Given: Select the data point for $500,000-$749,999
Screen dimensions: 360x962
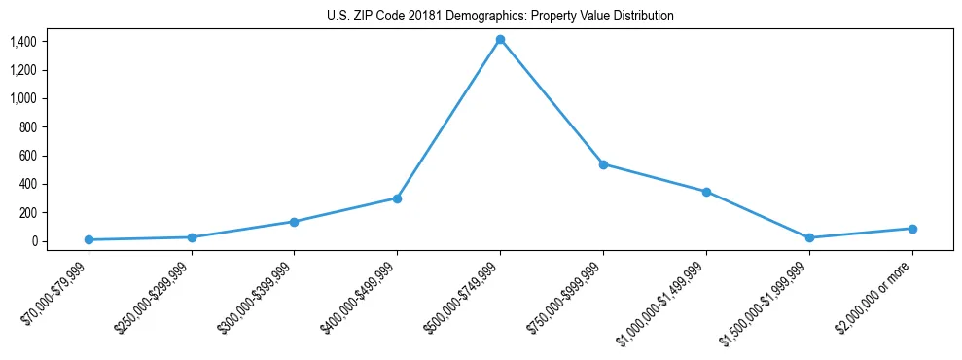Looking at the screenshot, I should click(500, 40).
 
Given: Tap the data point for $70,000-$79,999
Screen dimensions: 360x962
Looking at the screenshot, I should click(89, 239).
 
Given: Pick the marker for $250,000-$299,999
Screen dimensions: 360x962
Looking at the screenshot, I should click(192, 237).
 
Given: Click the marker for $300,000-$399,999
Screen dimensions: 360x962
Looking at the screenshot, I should click(295, 222).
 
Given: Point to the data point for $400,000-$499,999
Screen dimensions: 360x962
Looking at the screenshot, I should click(397, 198).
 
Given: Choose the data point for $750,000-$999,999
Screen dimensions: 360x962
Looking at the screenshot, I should click(603, 164).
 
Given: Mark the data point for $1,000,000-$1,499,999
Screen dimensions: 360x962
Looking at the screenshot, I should click(706, 192).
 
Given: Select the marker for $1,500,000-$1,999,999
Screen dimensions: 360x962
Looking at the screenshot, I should click(809, 237).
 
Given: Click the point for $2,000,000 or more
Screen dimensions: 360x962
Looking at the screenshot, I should click(912, 229).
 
